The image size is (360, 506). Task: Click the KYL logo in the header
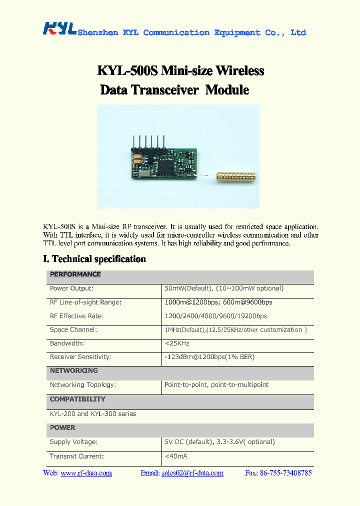(59, 28)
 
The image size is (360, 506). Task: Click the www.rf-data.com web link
(86, 473)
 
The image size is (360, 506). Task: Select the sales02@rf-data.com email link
(192, 473)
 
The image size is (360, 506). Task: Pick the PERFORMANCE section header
(75, 274)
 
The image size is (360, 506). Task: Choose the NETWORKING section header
(74, 371)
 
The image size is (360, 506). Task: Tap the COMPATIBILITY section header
(77, 399)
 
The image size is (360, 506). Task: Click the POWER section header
(62, 428)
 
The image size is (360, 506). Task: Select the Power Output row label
(71, 288)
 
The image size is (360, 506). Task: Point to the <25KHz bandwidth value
(176, 343)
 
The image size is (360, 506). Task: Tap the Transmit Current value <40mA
(176, 456)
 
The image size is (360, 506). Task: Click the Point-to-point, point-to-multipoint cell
(216, 385)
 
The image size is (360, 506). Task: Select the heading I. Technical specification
(94, 259)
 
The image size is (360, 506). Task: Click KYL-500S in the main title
(127, 71)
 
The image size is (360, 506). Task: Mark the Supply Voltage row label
(73, 442)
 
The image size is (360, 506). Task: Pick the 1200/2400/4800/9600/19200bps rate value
(216, 316)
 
